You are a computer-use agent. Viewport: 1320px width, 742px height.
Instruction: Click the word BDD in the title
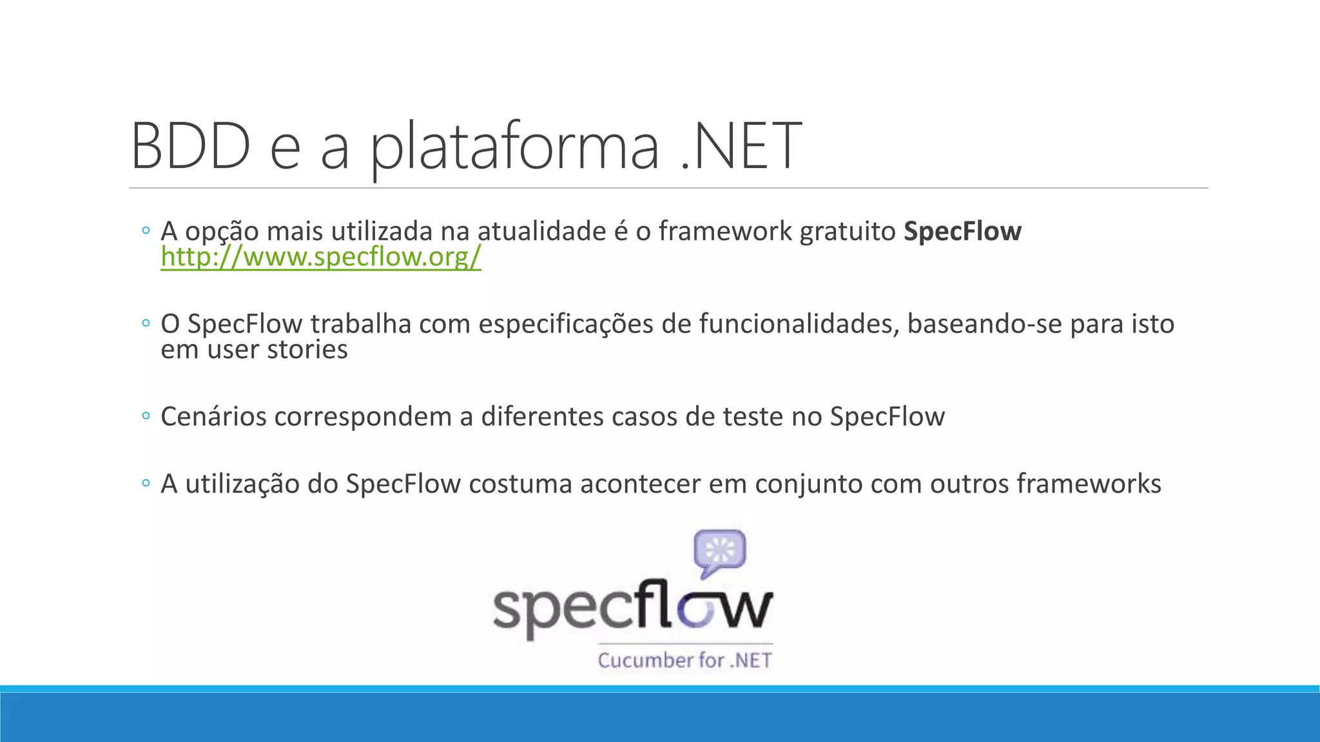(x=190, y=146)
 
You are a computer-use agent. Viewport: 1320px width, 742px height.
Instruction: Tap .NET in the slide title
(x=741, y=146)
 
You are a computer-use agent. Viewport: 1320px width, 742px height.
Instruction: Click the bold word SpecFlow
(x=962, y=231)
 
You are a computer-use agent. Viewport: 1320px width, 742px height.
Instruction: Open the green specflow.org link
(x=321, y=257)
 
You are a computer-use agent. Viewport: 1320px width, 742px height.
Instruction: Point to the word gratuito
(x=847, y=231)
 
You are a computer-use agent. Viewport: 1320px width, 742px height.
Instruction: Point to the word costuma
(x=520, y=484)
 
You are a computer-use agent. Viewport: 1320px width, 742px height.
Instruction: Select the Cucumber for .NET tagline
(x=684, y=660)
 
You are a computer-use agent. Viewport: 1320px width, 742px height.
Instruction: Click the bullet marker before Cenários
(x=146, y=417)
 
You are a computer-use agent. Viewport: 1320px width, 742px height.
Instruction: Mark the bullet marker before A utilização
(x=146, y=483)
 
